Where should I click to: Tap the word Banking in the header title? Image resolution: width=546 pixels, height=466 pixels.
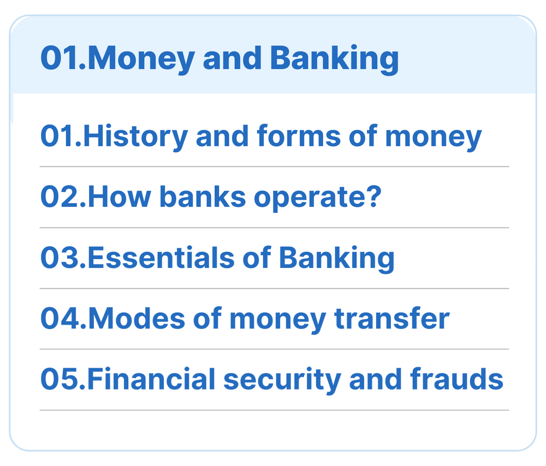(334, 59)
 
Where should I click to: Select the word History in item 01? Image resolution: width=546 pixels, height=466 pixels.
(135, 137)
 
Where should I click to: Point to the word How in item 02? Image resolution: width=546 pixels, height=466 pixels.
(120, 197)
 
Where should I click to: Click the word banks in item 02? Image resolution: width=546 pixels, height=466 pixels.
(203, 197)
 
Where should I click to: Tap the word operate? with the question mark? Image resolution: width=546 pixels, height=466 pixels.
(318, 198)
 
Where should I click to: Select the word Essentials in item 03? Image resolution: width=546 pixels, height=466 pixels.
(161, 258)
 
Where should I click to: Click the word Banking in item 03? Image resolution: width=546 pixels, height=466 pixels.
(336, 259)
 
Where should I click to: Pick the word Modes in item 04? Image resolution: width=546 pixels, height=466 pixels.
(136, 319)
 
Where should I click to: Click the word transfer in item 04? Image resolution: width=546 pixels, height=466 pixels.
(392, 319)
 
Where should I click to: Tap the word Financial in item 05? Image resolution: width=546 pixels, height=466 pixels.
(151, 379)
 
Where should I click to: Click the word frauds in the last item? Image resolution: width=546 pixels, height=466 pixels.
(457, 379)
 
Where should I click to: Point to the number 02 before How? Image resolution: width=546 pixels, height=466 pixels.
(60, 197)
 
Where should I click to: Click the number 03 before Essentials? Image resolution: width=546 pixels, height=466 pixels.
(60, 258)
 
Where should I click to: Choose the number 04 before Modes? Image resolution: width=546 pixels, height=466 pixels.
(61, 319)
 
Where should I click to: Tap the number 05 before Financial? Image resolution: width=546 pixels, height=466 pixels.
(60, 379)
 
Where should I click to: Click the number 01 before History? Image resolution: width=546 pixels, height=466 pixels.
(57, 136)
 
